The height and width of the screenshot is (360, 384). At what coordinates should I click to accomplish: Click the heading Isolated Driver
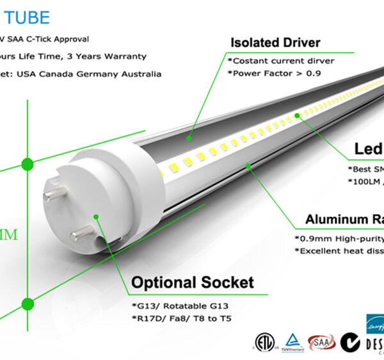(275, 44)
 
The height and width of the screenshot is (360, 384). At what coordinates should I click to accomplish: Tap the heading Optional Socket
(192, 282)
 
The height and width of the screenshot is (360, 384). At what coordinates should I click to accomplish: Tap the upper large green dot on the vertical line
(28, 163)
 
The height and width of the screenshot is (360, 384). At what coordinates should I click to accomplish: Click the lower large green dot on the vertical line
(28, 303)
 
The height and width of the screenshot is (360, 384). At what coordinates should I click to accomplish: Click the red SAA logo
(321, 341)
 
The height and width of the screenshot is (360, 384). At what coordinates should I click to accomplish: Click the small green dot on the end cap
(95, 217)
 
